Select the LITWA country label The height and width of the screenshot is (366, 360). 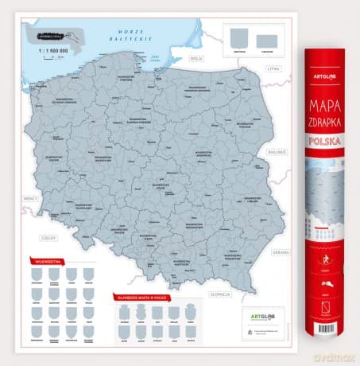[x=274, y=69]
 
